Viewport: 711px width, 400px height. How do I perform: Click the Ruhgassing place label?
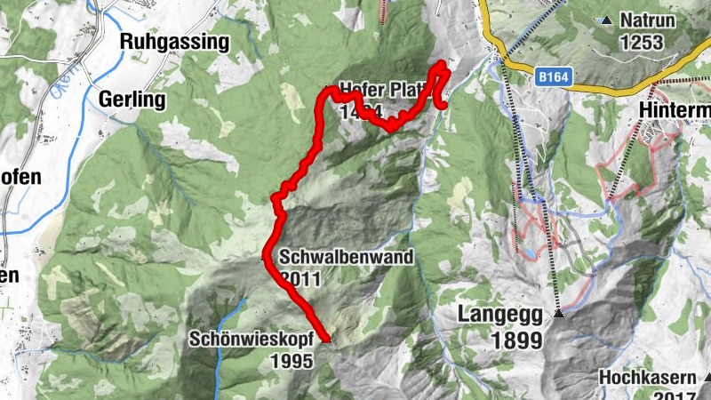pyautogui.click(x=174, y=42)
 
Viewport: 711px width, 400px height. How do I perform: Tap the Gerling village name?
pyautogui.click(x=133, y=100)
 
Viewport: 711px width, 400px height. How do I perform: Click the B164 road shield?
pyautogui.click(x=553, y=79)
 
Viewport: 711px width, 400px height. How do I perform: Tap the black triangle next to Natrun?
pyautogui.click(x=607, y=20)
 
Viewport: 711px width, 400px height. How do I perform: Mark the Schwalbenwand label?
pyautogui.click(x=347, y=258)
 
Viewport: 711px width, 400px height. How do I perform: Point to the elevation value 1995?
pyautogui.click(x=293, y=361)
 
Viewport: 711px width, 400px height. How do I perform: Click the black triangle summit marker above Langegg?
pyautogui.click(x=559, y=313)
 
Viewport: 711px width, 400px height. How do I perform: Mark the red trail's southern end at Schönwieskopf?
pyautogui.click(x=327, y=340)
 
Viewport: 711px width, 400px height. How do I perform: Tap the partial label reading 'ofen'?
pyautogui.click(x=20, y=177)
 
